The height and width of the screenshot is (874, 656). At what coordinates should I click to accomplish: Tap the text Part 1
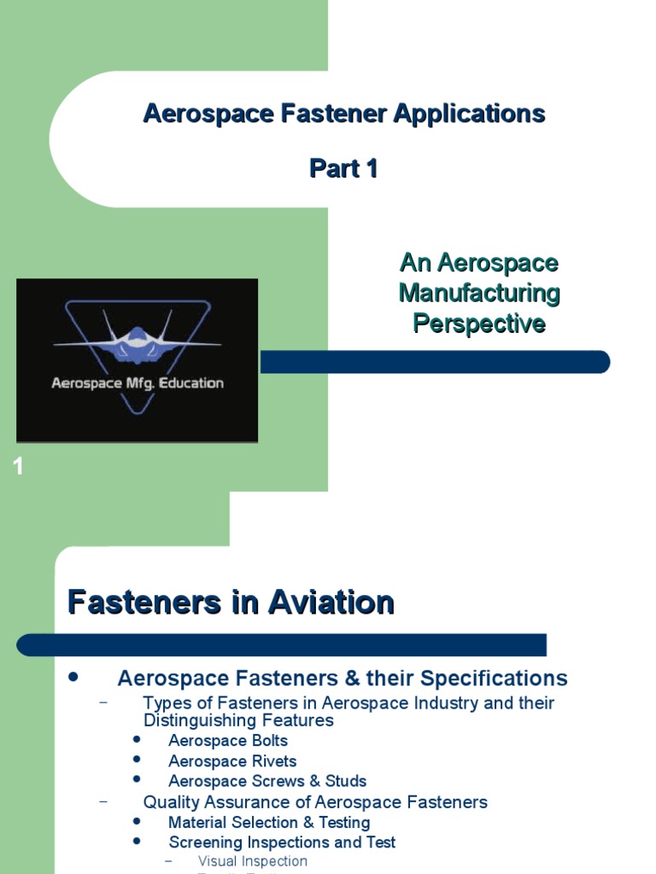343,169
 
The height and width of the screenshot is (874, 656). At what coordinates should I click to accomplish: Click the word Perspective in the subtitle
479,324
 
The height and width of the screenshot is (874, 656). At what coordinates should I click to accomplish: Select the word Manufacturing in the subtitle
479,294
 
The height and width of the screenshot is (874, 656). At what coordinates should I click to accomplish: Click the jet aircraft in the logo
138,339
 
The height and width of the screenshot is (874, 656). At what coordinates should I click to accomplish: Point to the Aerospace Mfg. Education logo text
138,383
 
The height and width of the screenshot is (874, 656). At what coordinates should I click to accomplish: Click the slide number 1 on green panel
18,467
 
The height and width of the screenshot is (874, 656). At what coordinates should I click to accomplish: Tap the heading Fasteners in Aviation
231,603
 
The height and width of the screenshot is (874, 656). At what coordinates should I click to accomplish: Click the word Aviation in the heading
331,603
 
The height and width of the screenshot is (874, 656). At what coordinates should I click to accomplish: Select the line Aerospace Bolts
228,741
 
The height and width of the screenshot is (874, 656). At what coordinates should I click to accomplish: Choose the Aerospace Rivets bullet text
232,761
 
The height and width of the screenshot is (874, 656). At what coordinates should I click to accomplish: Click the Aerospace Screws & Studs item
267,781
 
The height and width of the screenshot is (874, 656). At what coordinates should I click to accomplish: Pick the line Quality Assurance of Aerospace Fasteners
315,802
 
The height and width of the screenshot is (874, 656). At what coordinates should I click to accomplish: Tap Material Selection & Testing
269,823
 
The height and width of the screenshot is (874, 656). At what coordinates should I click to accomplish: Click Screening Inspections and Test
282,842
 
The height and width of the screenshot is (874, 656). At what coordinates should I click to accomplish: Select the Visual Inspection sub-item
252,861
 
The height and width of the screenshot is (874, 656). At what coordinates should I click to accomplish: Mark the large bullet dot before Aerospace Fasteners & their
73,677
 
